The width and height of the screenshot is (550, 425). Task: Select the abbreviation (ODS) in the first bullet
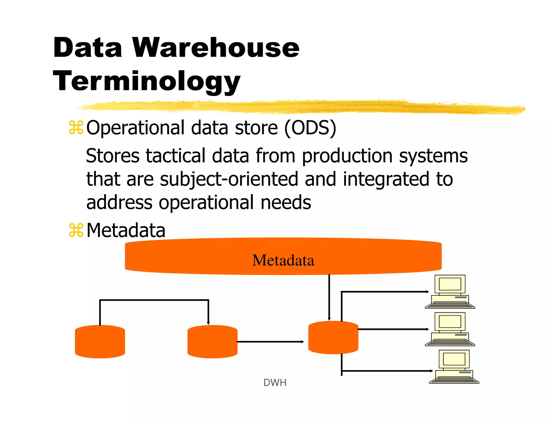pos(310,128)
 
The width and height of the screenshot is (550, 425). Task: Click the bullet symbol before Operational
pos(76,128)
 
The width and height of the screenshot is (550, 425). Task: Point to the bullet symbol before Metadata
pos(76,230)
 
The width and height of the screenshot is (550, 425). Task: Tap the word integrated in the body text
pos(386,179)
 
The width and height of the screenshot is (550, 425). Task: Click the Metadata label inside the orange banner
pos(283,260)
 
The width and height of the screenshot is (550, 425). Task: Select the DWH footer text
pos(275,383)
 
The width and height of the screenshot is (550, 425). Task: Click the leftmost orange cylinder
pos(100,342)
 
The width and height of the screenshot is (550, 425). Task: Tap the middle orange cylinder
pos(212,342)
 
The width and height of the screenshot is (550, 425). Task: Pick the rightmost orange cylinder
pos(333,337)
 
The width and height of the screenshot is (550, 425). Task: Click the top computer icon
pos(450,292)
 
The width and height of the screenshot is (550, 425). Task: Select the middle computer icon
pos(450,329)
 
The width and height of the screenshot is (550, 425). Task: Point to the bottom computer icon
pos(454,367)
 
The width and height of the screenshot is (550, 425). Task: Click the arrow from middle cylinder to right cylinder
pos(270,342)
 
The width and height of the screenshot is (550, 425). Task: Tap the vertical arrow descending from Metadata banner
pos(329,297)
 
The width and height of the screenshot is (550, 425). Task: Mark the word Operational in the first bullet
pos(135,128)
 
